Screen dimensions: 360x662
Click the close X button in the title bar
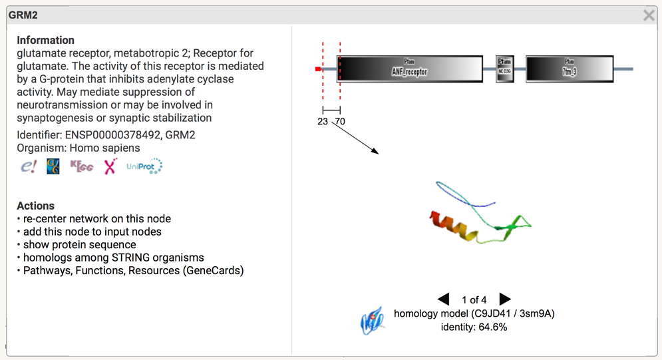(649, 15)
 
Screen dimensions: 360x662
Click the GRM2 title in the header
(23, 15)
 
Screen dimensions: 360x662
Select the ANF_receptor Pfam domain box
(410, 69)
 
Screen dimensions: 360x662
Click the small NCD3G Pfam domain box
(505, 69)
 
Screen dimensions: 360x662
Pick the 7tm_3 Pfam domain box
(570, 69)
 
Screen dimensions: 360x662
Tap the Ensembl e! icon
(28, 166)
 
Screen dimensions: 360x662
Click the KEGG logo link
(82, 166)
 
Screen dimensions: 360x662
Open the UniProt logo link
(144, 166)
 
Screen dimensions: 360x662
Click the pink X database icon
(110, 166)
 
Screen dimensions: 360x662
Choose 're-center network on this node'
(97, 219)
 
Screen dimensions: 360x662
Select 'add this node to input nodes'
(92, 232)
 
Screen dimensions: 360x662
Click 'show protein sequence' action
(80, 245)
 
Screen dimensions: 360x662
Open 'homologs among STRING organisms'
(114, 258)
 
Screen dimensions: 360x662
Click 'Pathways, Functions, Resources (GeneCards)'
(134, 271)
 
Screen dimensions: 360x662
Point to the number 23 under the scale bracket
(323, 122)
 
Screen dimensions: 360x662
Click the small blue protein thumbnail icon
(373, 321)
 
